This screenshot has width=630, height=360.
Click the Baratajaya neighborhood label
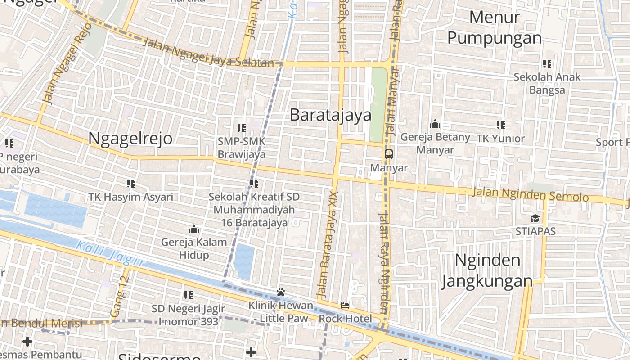tap(330, 115)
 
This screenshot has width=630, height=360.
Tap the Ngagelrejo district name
tap(130, 138)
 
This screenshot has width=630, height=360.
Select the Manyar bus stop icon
tap(388, 154)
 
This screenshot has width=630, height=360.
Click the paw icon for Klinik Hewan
tap(281, 292)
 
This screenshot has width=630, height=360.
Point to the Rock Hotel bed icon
tap(345, 306)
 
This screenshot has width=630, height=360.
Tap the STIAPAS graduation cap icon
tap(535, 218)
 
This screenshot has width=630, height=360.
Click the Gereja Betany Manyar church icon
tap(435, 124)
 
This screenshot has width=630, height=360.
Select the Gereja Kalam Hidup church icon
tap(194, 229)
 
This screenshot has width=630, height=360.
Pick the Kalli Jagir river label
tap(110, 254)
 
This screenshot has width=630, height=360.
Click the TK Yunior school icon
tap(500, 125)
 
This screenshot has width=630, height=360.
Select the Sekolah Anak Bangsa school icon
tap(547, 64)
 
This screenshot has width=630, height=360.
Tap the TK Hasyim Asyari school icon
tap(130, 183)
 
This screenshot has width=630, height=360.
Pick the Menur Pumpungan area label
tap(495, 28)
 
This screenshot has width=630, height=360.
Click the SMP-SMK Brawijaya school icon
tap(241, 128)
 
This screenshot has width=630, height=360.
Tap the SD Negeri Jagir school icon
tap(188, 295)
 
